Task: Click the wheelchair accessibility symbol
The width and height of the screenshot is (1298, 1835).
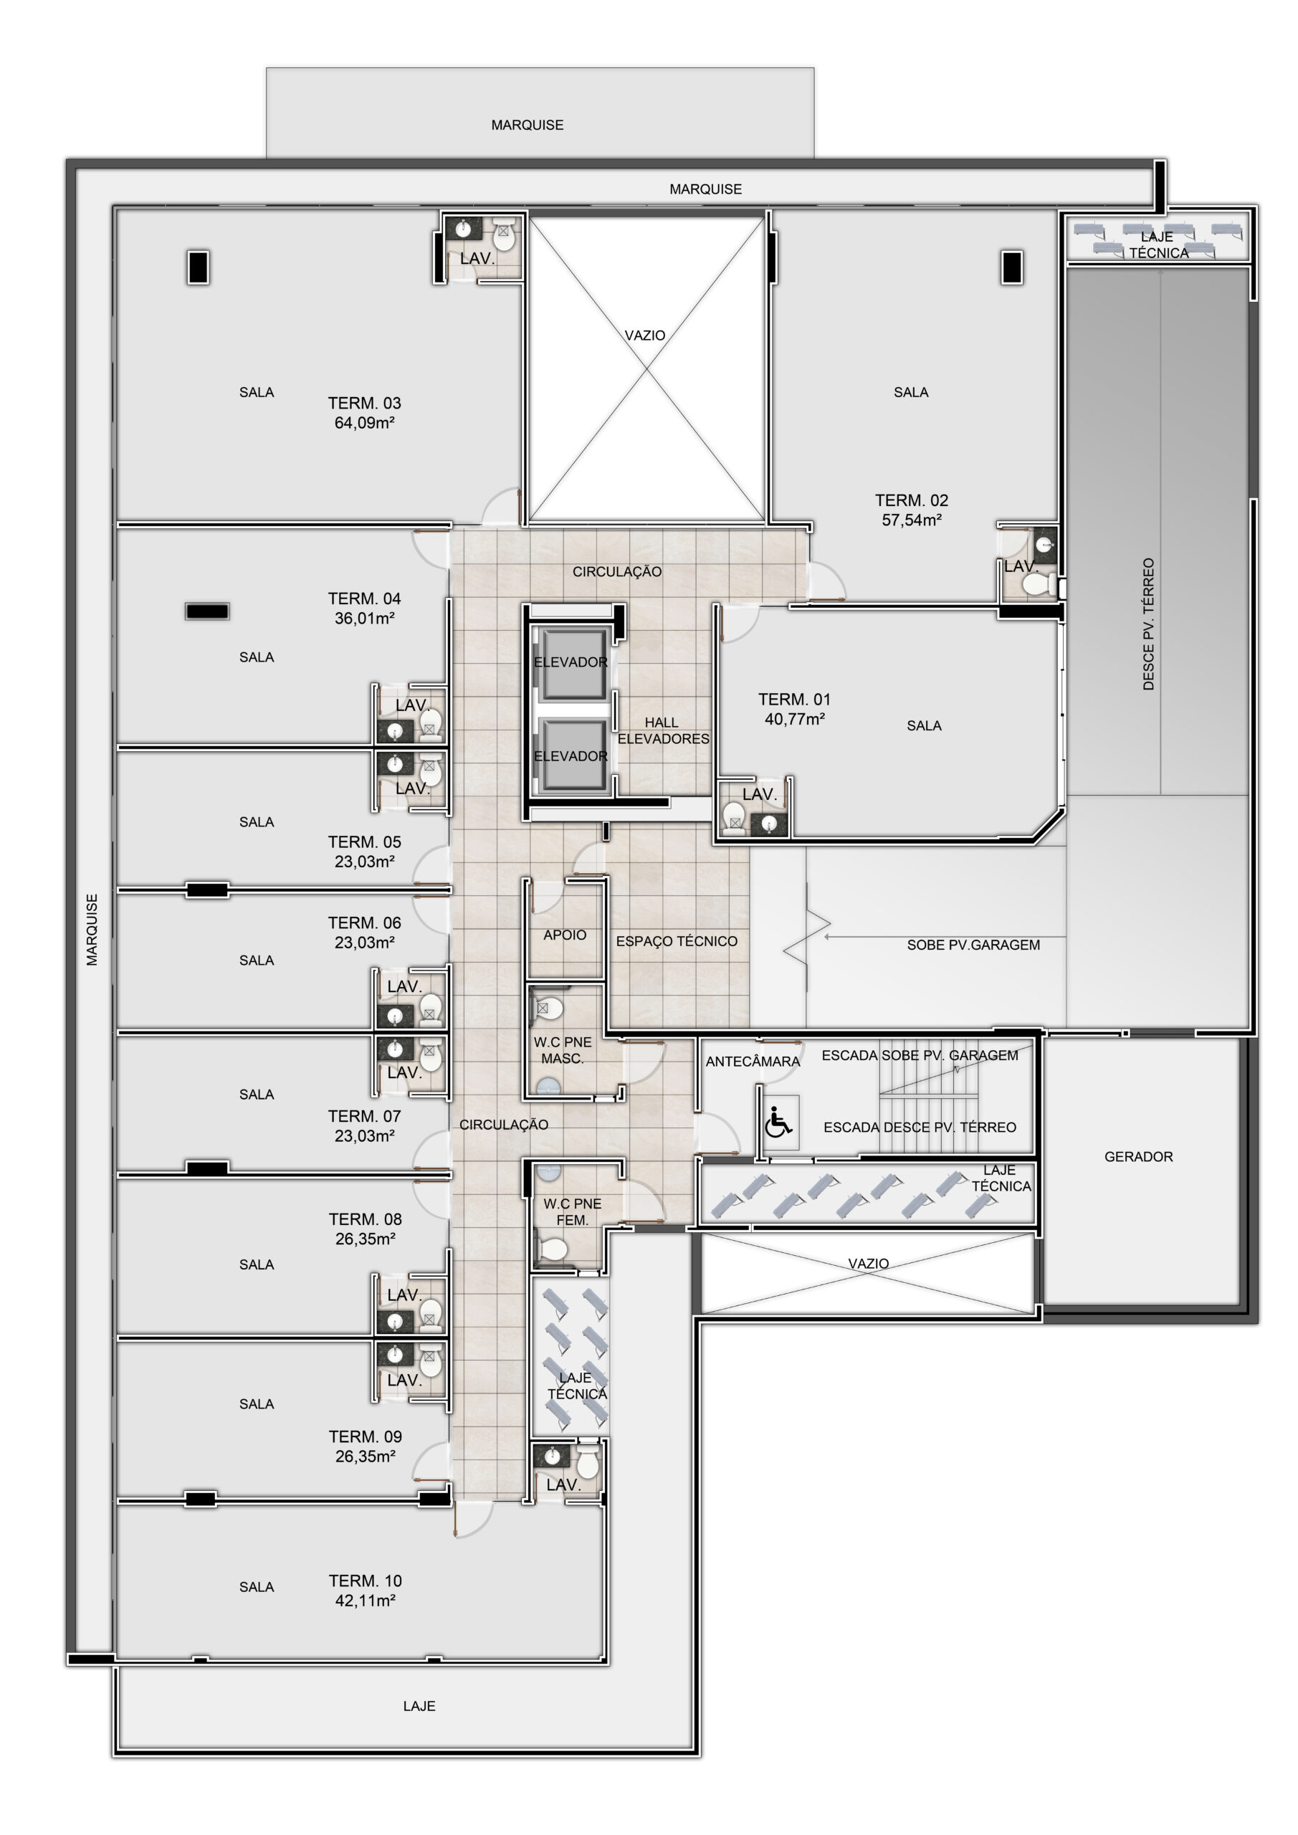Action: pyautogui.click(x=778, y=1121)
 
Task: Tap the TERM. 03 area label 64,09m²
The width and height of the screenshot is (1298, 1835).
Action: pyautogui.click(x=365, y=423)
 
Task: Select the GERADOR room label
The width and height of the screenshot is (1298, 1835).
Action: pyautogui.click(x=1138, y=1156)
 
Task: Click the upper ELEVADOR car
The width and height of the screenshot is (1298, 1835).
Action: pyautogui.click(x=571, y=662)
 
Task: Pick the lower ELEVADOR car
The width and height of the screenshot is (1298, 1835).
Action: pyautogui.click(x=571, y=756)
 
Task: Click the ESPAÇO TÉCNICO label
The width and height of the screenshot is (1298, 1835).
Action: pyautogui.click(x=676, y=941)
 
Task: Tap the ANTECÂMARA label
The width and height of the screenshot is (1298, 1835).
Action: pyautogui.click(x=752, y=1062)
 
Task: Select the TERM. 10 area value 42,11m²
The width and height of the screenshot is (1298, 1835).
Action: pyautogui.click(x=366, y=1600)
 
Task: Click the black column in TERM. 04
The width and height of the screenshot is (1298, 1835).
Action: pyautogui.click(x=208, y=611)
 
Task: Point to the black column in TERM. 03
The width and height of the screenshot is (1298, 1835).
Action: pyautogui.click(x=199, y=267)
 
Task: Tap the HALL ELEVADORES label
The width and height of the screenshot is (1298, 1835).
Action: pyautogui.click(x=662, y=730)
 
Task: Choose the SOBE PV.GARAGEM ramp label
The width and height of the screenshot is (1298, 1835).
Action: pyautogui.click(x=973, y=945)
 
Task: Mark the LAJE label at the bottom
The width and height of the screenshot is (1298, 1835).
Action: pyautogui.click(x=419, y=1706)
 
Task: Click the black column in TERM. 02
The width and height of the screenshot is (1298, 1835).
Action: pyautogui.click(x=1012, y=267)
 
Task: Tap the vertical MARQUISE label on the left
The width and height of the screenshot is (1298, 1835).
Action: pyautogui.click(x=92, y=930)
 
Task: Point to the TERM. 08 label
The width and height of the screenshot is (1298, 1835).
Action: pyautogui.click(x=366, y=1219)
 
